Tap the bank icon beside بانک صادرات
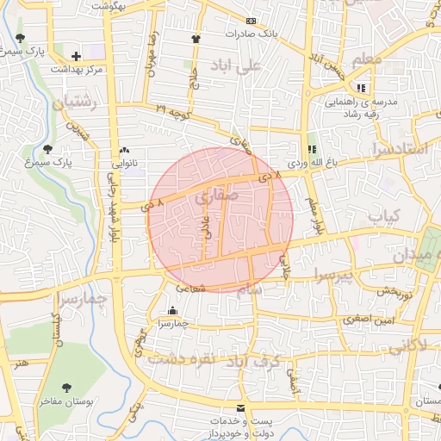pos(251,21)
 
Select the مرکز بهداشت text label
pos(77,68)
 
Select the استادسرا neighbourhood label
pos(399,149)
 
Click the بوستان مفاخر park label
pos(65,401)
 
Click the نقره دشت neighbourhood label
pos(178,358)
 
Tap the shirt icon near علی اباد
pos(196,38)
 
